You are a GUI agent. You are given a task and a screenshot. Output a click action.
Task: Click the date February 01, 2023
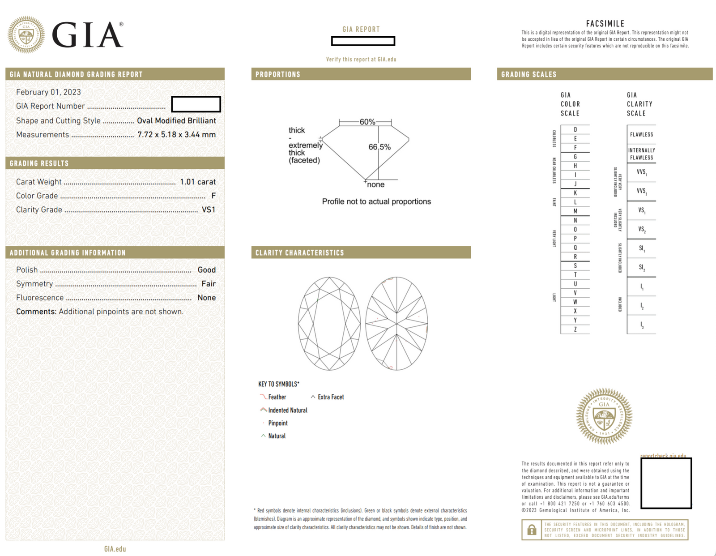[48, 92]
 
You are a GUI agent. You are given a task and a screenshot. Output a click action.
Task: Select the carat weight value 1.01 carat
[197, 182]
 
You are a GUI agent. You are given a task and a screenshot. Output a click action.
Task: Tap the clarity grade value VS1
[209, 210]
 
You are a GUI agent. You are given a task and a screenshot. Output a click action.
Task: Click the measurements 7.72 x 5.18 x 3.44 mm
[176, 135]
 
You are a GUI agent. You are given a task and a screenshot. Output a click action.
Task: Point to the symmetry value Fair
[209, 284]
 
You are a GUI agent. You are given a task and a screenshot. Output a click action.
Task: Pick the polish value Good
[206, 270]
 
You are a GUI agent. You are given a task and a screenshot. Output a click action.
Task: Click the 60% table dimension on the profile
[367, 122]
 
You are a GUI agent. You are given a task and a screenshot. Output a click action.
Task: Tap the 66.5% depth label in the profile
[379, 147]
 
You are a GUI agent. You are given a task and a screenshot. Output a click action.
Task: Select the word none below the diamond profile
[375, 184]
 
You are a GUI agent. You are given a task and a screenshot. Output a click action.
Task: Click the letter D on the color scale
[575, 129]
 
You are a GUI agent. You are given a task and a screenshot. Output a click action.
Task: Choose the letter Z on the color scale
[575, 329]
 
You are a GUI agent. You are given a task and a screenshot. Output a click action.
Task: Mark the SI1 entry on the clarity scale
[642, 248]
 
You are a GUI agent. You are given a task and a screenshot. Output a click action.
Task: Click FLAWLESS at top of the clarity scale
[641, 134]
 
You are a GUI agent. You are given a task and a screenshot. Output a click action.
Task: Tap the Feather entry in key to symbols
[277, 397]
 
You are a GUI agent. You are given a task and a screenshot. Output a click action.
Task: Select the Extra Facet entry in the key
[330, 397]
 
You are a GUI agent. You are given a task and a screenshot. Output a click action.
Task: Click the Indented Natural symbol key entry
[287, 410]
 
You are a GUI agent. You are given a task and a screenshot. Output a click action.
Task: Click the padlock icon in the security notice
[532, 530]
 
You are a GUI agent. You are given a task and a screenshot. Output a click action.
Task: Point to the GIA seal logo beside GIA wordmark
[26, 35]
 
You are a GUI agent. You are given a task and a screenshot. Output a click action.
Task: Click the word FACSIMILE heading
[605, 24]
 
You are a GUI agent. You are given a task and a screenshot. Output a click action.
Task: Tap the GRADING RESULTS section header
[39, 163]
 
